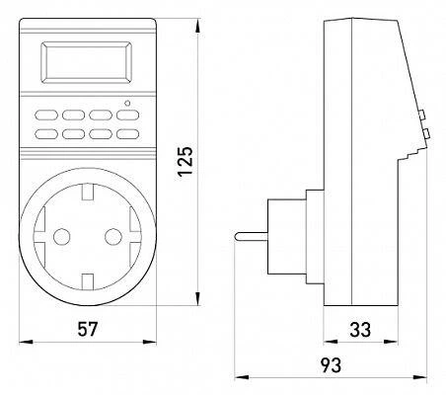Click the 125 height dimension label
coord(186,161)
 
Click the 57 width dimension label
coord(88,329)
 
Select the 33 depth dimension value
coord(360,330)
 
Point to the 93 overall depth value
coord(332,365)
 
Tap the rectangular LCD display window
coord(86,62)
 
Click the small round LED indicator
coord(127,103)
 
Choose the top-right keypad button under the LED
coord(128,115)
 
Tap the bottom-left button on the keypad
coord(46,133)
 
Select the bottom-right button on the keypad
coord(128,133)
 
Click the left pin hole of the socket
coord(61,237)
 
